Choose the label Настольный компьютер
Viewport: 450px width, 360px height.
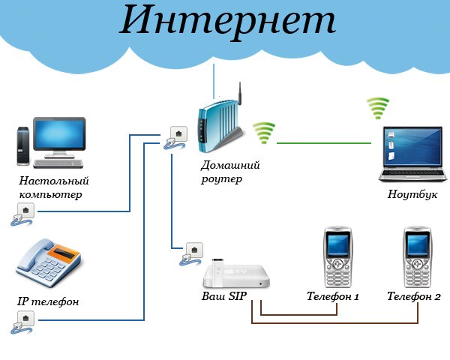pos(54,187)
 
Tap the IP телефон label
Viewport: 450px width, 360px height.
pos(48,301)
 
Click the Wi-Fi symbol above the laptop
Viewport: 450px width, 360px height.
pos(378,109)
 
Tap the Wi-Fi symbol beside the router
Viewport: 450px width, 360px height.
pos(263,133)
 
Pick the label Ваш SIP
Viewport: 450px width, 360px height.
pos(224,296)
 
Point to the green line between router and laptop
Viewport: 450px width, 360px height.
pos(322,143)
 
